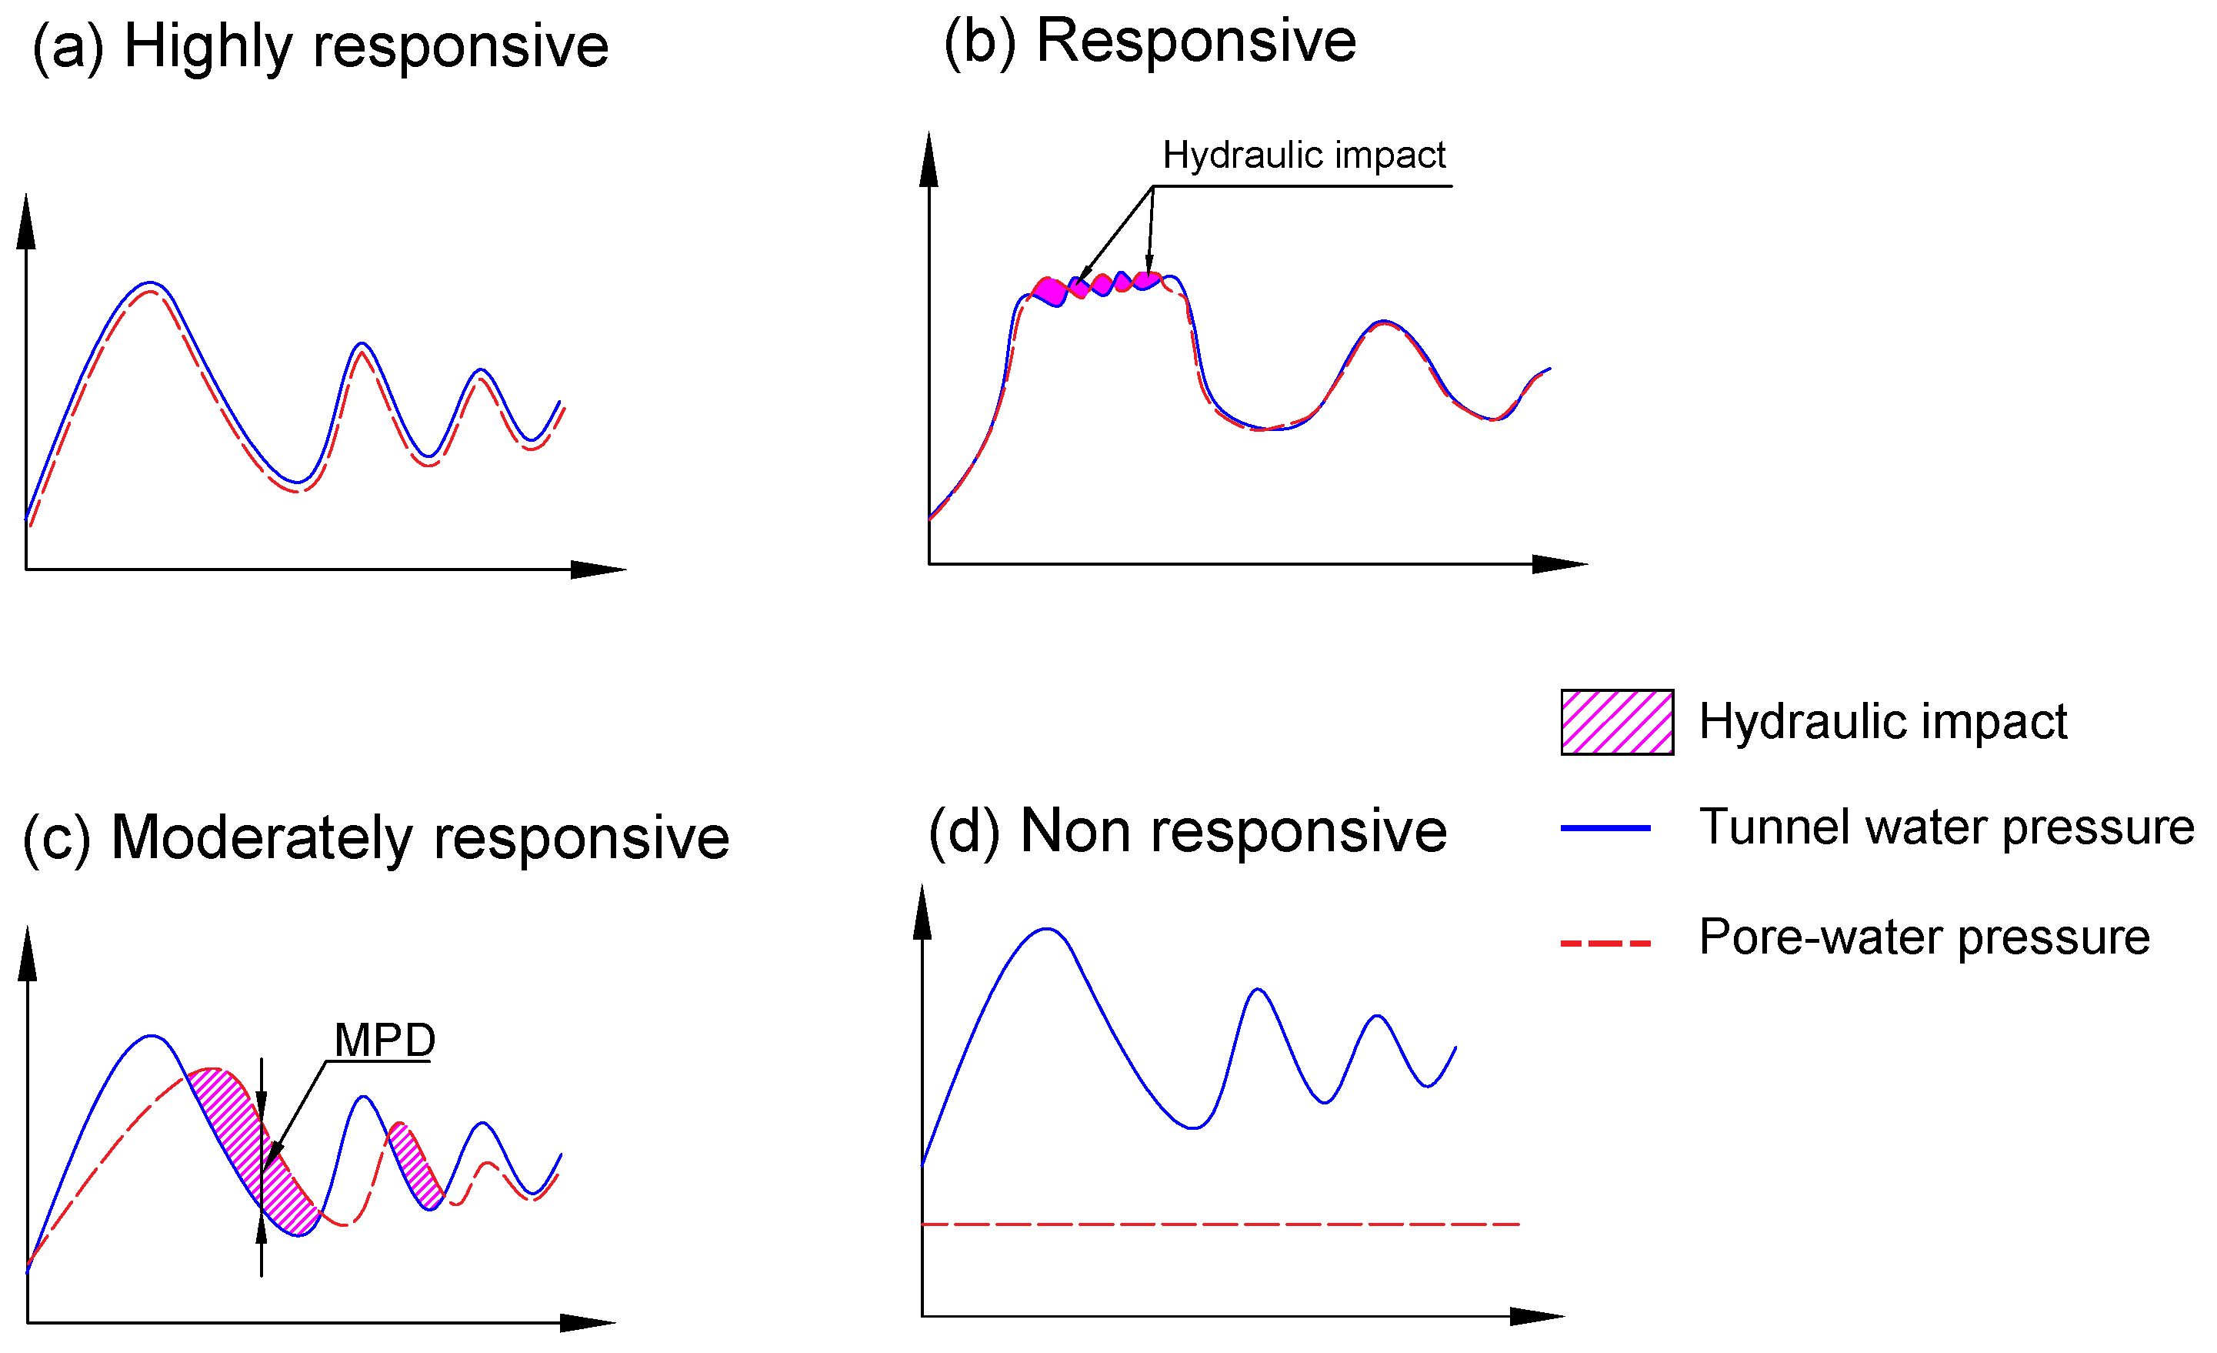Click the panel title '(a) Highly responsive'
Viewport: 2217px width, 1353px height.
point(320,47)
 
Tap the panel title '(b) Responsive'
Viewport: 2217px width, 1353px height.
point(1149,42)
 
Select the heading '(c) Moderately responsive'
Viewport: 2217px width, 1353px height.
point(375,838)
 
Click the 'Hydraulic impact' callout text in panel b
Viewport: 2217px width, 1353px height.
point(1303,155)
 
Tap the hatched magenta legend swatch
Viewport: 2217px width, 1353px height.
point(1616,722)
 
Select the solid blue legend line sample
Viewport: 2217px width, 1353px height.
point(1605,827)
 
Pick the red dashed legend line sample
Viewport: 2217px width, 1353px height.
point(1605,944)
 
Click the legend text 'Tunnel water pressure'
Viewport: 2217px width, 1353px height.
point(1946,827)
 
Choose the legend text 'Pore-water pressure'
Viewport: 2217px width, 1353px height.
point(1924,937)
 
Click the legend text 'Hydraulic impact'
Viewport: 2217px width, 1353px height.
point(1882,722)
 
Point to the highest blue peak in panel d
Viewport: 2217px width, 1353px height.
point(1046,929)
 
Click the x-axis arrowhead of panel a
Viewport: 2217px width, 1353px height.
point(598,569)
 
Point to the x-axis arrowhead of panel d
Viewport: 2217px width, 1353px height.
point(1537,1316)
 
